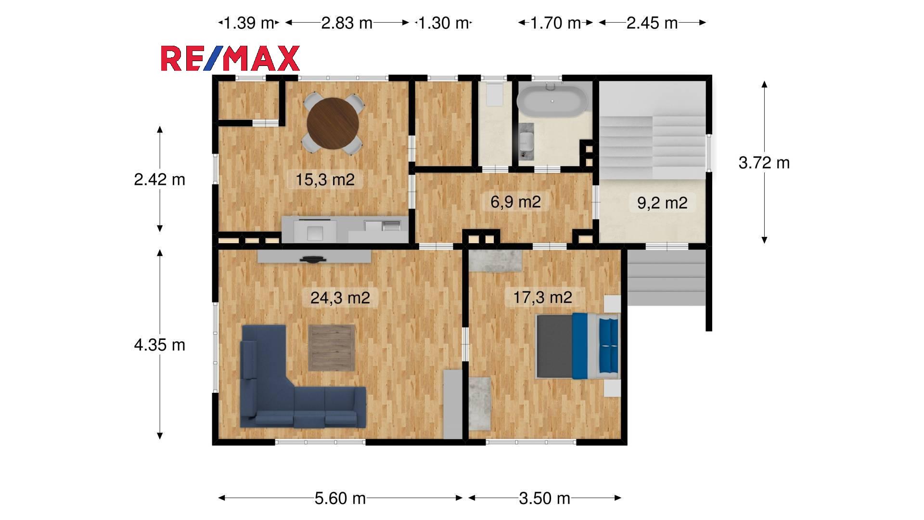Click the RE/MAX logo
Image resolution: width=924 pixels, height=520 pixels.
[230, 59]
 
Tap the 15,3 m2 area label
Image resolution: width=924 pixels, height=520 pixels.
[325, 180]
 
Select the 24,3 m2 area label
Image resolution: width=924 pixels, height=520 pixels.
[340, 298]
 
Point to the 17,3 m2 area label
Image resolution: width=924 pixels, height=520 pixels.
[542, 297]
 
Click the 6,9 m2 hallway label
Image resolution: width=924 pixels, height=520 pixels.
[515, 202]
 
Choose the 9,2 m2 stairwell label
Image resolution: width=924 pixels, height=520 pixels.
[662, 203]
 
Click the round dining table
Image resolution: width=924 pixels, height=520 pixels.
[333, 123]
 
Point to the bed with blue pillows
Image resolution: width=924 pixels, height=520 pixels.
[578, 346]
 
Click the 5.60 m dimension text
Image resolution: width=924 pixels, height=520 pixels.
[340, 498]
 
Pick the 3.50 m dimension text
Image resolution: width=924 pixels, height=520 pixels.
[544, 498]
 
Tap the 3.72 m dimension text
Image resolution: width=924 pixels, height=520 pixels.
[764, 163]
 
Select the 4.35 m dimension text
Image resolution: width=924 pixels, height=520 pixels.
[159, 345]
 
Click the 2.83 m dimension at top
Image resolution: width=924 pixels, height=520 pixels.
[346, 23]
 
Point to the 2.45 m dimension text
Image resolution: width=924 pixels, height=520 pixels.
[652, 23]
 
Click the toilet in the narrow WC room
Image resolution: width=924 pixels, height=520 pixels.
[494, 94]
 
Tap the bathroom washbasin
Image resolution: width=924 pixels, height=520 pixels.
[527, 141]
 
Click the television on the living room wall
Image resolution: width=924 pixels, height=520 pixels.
[313, 260]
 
